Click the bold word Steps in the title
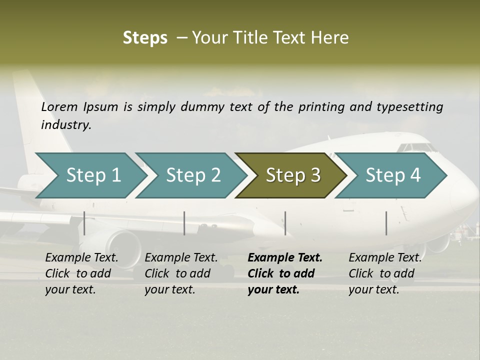tap(145, 38)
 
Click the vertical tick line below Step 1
tap(84, 223)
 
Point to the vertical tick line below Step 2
tap(184, 223)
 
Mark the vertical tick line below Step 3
tap(285, 223)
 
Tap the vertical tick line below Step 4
tap(386, 223)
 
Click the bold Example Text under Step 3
tap(285, 273)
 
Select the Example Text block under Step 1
tap(81, 273)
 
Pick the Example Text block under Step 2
tap(181, 273)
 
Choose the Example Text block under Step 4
tap(385, 273)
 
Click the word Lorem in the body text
tap(59, 106)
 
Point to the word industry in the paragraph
tap(65, 125)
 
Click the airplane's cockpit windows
tap(417, 147)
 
